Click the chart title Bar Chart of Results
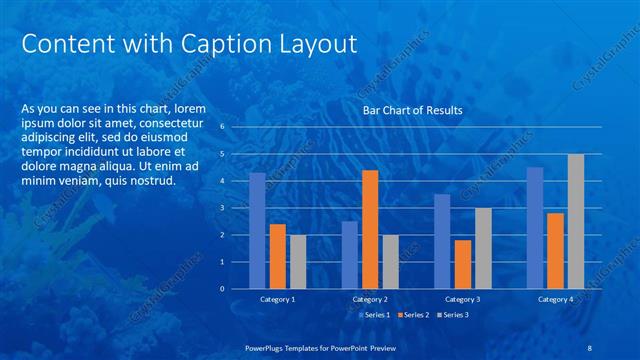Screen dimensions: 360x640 412,111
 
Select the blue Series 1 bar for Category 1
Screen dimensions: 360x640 258,230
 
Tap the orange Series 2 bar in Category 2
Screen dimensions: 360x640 370,229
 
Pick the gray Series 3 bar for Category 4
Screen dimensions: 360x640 575,221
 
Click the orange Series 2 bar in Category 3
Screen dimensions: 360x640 462,264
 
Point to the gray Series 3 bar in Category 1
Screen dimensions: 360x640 298,261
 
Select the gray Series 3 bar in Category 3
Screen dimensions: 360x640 483,248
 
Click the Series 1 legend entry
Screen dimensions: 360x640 375,315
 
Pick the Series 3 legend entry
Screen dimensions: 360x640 451,315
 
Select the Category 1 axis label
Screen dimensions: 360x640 278,299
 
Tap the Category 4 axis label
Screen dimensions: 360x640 555,299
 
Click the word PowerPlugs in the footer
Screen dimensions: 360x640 269,347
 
